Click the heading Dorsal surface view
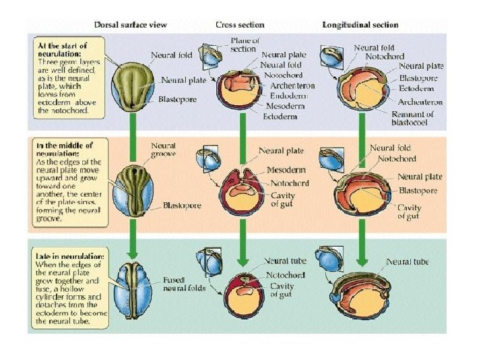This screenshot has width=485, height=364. (141, 25)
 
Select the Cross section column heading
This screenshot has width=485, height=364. (240, 25)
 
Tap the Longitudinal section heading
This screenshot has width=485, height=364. (360, 25)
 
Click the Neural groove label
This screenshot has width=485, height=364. (163, 149)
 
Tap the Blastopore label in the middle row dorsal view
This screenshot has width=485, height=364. (181, 204)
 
